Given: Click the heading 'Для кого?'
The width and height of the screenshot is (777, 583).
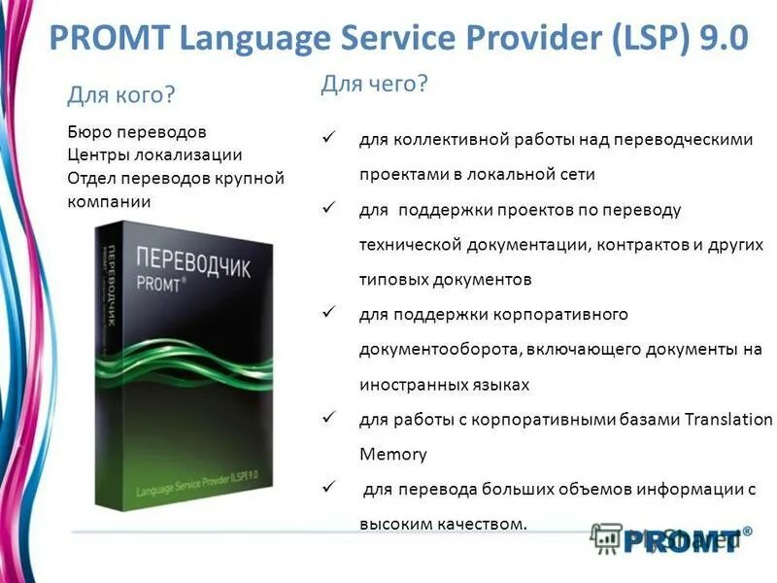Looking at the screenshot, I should tap(120, 95).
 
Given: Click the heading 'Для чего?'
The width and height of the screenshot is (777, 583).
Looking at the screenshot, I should tap(374, 85).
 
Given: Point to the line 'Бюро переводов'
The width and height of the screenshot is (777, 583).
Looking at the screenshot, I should tap(137, 130).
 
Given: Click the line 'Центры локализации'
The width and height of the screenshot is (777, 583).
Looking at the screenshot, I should tap(154, 154).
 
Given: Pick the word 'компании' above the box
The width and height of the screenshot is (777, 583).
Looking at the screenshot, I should tap(109, 201).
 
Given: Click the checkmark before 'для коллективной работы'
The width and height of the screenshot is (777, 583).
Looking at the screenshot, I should tap(328, 139).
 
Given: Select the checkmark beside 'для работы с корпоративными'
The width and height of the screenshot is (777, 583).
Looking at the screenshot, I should tap(328, 419).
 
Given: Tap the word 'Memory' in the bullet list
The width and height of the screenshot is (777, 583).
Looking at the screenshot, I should tap(392, 454).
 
